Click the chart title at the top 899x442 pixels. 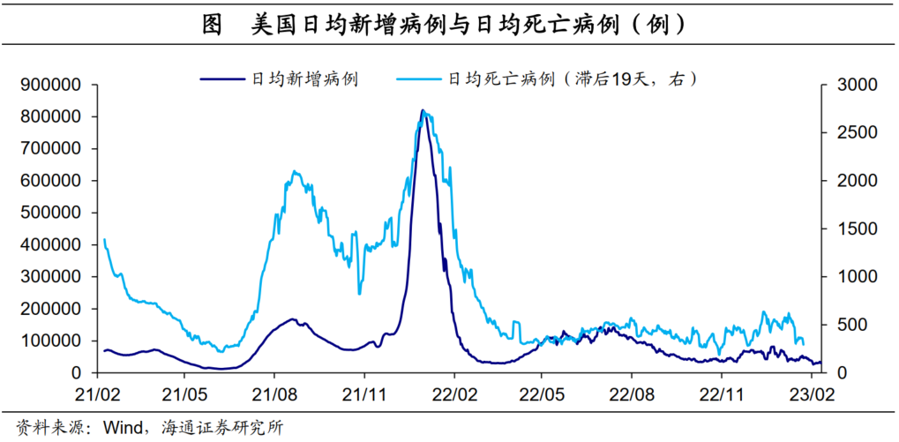449,22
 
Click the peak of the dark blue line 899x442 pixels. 423,111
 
